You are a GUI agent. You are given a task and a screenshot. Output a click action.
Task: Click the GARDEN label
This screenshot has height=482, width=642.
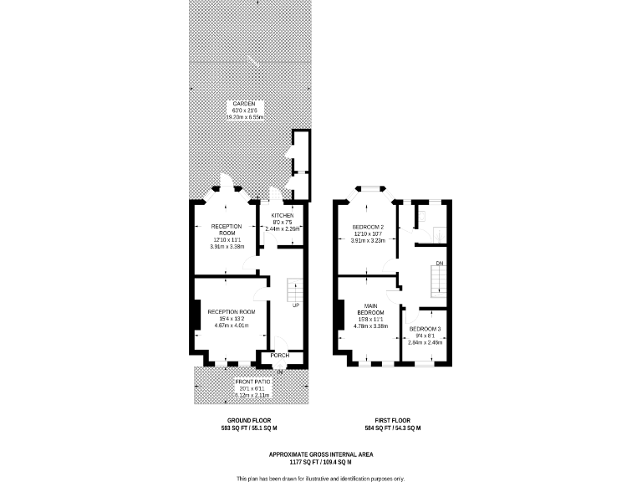(244, 103)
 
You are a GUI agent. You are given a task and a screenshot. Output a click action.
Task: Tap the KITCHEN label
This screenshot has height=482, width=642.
(283, 215)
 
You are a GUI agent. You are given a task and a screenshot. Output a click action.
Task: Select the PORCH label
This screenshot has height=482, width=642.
(279, 356)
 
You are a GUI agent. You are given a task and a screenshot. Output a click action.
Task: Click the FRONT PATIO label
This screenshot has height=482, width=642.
(249, 382)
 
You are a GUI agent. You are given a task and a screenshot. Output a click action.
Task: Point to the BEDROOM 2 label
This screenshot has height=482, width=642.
(369, 228)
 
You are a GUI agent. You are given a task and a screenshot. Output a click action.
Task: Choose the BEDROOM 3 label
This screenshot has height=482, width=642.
(425, 329)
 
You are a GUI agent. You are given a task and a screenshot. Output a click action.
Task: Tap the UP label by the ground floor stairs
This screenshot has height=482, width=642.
(296, 305)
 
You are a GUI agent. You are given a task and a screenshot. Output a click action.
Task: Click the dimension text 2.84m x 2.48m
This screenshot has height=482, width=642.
(425, 342)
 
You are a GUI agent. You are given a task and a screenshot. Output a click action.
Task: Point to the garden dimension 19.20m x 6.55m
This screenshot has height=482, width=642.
(244, 117)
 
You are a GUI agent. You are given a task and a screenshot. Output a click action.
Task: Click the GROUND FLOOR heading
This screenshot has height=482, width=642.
(249, 420)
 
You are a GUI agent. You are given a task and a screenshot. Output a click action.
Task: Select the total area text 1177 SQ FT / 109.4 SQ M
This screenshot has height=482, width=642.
(321, 462)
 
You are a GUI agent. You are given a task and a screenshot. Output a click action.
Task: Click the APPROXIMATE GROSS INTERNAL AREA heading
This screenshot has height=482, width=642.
(321, 454)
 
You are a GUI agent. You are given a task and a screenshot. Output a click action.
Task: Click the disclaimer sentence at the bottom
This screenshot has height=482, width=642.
(321, 478)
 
